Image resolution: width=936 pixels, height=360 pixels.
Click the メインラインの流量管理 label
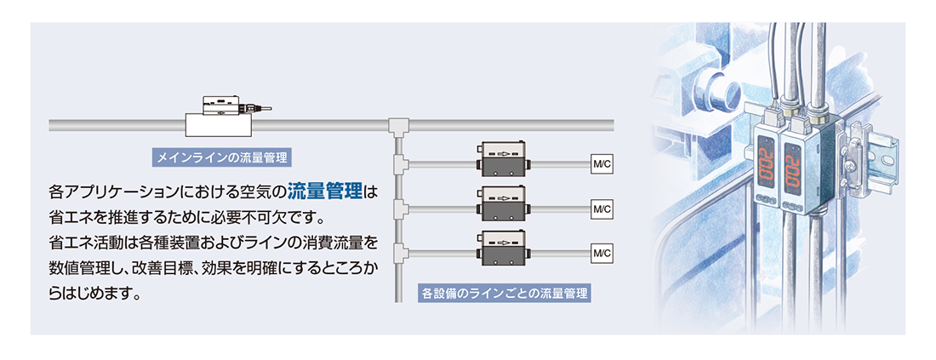point(220,157)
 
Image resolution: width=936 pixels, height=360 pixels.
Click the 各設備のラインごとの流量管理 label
point(505,294)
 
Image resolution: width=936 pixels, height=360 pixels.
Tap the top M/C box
point(601,163)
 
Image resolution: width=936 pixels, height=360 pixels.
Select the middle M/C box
point(601,208)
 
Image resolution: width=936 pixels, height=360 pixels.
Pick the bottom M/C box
point(601,253)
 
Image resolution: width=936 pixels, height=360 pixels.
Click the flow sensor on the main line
point(220,117)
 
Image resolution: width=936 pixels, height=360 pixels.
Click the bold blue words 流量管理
point(325,190)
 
